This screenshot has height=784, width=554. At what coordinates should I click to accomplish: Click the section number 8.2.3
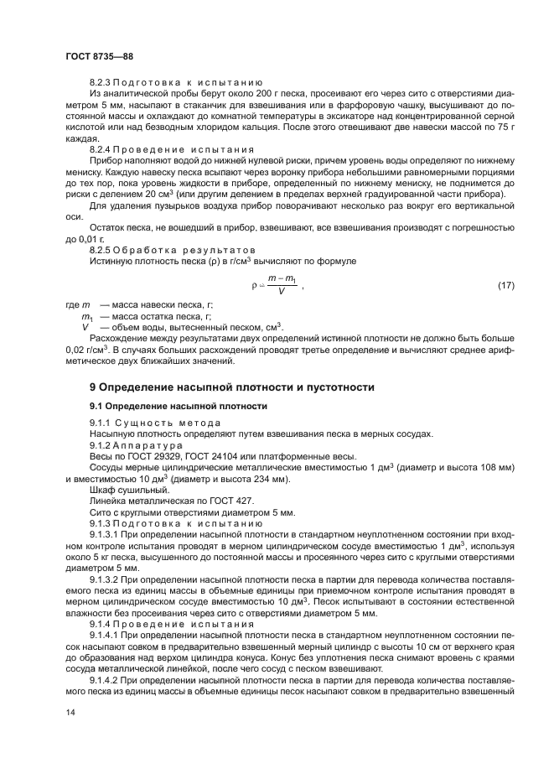[100, 84]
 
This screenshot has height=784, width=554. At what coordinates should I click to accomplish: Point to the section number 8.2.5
[100, 251]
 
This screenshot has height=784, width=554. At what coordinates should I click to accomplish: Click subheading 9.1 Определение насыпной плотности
[179, 406]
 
